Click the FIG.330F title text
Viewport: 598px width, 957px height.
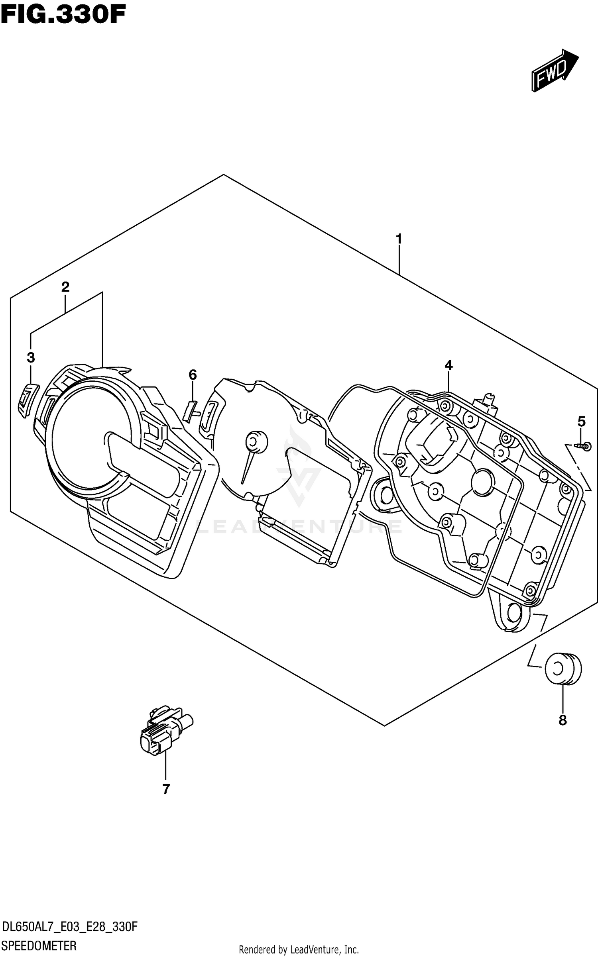point(63,15)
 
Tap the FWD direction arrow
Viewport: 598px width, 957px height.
point(554,71)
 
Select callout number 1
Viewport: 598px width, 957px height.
point(398,239)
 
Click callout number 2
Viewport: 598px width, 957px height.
point(65,286)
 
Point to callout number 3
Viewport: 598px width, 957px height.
point(31,357)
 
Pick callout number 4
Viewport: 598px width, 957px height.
point(448,365)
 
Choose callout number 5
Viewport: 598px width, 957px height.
point(581,421)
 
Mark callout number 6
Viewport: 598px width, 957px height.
point(193,375)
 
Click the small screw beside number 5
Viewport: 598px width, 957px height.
point(583,447)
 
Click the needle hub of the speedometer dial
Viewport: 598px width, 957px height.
point(256,441)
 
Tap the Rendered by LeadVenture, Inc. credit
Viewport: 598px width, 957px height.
point(299,949)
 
